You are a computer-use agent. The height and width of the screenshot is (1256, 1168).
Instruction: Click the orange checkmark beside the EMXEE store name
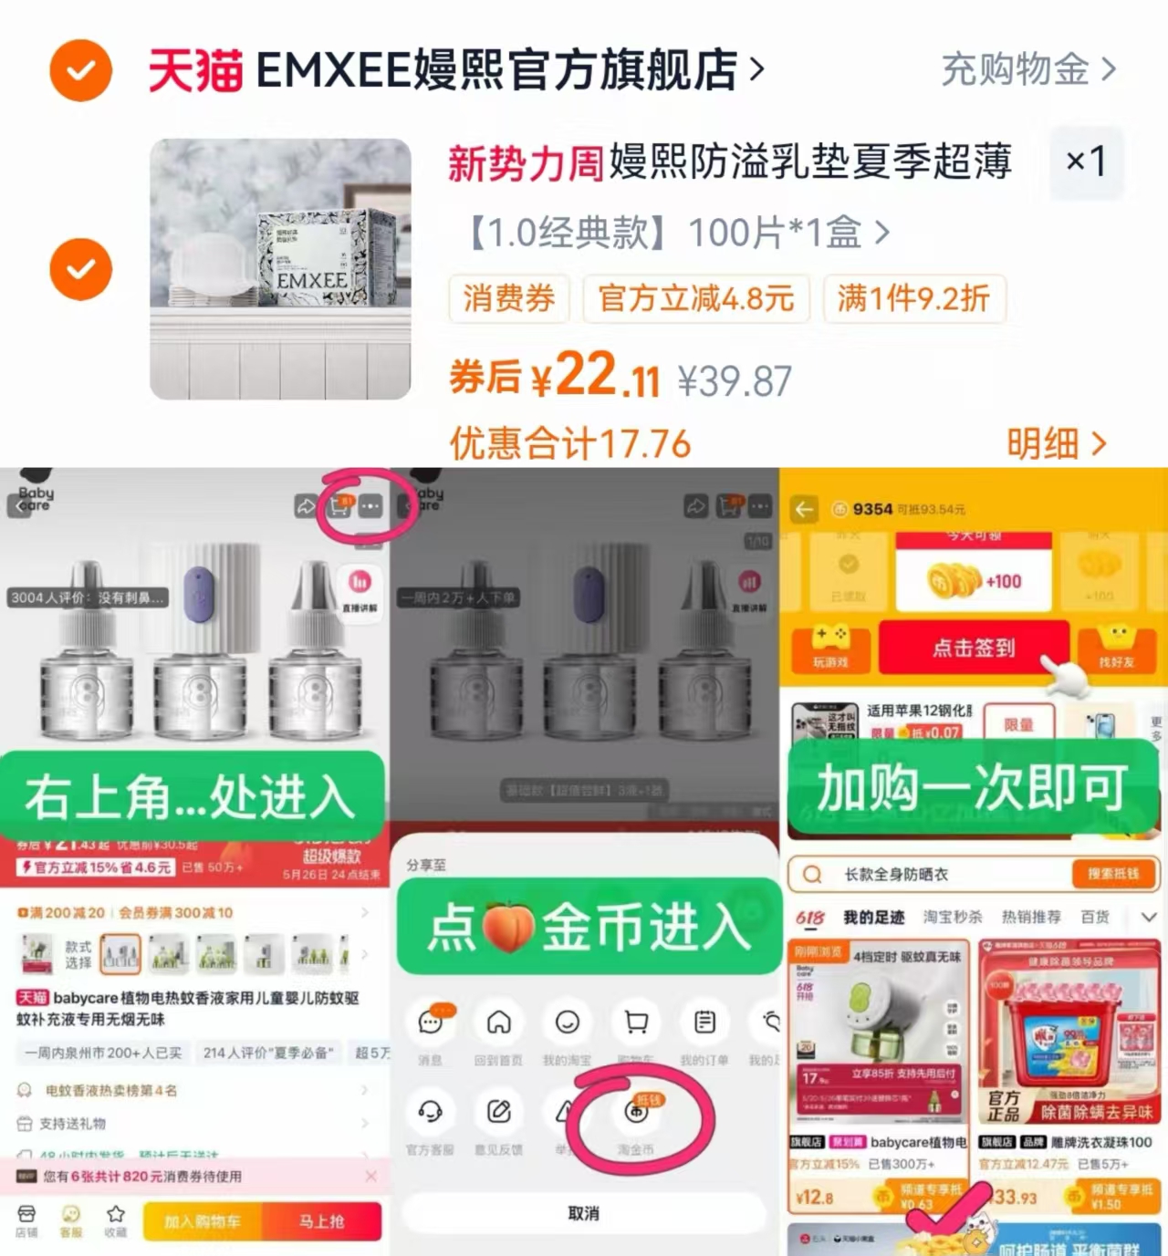pos(80,70)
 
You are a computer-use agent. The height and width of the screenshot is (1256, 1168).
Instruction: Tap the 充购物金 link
pos(1027,69)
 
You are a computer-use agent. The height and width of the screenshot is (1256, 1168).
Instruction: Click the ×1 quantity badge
pos(1086,162)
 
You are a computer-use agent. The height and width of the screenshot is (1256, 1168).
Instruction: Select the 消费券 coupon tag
pos(508,298)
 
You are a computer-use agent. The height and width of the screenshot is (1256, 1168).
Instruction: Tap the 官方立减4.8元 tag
pos(695,298)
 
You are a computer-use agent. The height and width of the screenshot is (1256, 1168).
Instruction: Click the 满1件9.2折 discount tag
pos(913,298)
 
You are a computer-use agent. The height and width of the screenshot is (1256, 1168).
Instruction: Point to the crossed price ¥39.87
pos(735,381)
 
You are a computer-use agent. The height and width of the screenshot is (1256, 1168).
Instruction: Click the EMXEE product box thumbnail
pos(280,269)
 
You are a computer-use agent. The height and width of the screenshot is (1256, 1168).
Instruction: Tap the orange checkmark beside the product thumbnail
pos(80,269)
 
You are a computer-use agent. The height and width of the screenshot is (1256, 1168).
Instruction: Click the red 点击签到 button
pos(973,648)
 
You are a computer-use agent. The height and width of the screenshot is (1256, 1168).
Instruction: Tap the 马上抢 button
pos(321,1220)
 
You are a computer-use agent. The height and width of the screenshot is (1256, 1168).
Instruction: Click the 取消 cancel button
pos(583,1213)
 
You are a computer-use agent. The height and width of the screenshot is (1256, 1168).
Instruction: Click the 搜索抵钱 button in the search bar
pos(1112,874)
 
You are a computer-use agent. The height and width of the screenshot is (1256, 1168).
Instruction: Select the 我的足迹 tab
pos(872,917)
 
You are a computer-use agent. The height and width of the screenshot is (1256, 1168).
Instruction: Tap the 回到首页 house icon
pos(498,1023)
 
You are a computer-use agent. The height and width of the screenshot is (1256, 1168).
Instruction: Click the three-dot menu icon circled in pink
pos(370,506)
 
